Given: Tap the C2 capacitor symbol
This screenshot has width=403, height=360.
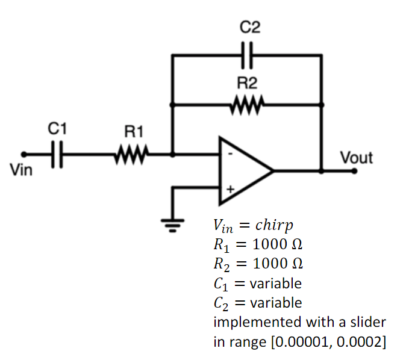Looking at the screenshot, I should (247, 55).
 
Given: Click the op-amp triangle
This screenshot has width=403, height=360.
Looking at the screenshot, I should (244, 170).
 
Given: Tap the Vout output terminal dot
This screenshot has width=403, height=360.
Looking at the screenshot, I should (355, 170).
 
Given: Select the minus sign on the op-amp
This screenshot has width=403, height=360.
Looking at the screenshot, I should (230, 154).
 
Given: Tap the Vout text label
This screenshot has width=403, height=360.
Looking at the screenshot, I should (357, 158).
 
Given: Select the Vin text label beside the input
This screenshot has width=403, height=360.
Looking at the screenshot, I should (22, 170).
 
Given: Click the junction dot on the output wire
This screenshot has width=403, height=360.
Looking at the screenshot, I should (320, 170).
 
